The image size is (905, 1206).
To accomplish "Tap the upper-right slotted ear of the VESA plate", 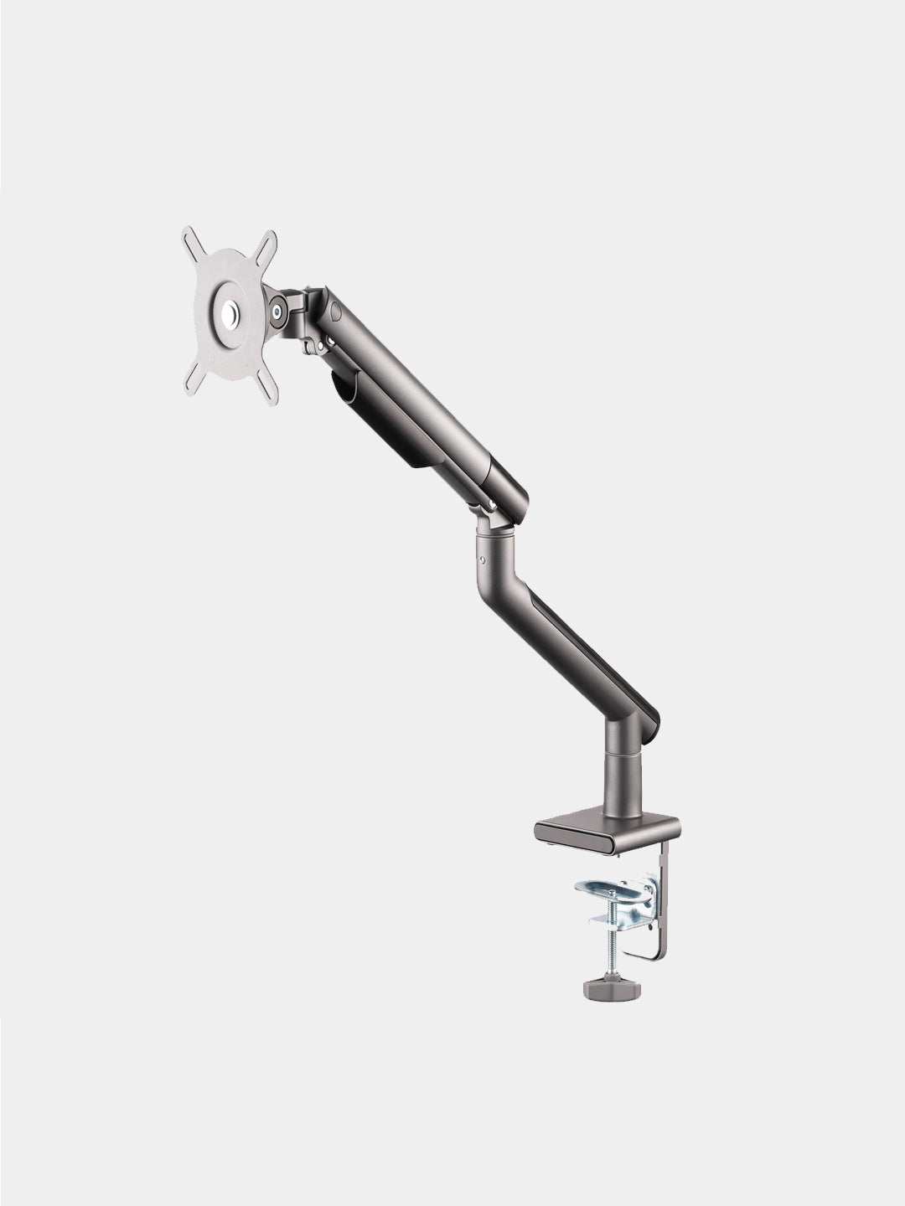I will pos(267,243).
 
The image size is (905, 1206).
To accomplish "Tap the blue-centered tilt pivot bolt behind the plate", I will pos(276,311).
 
